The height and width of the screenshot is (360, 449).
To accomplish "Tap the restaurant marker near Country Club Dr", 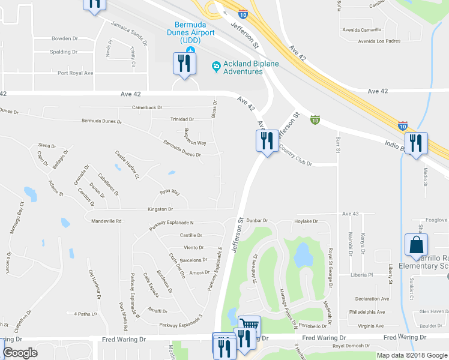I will coord(266,141).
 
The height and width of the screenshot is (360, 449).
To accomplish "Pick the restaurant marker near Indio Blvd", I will coord(415,143).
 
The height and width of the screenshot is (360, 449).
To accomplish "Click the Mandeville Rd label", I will coord(106,221).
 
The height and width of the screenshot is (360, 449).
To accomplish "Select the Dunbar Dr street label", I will coord(256,221).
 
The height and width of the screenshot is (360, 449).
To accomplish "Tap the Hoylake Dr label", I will coord(305,221).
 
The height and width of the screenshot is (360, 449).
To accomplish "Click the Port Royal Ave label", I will coord(76,73).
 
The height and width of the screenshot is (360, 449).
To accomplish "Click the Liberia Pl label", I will coord(363,275).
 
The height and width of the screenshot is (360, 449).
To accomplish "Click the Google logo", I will coord(20,353).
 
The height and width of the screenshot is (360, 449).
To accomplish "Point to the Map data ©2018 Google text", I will coord(411,355).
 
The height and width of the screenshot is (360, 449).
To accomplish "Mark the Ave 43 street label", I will coord(350,214).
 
